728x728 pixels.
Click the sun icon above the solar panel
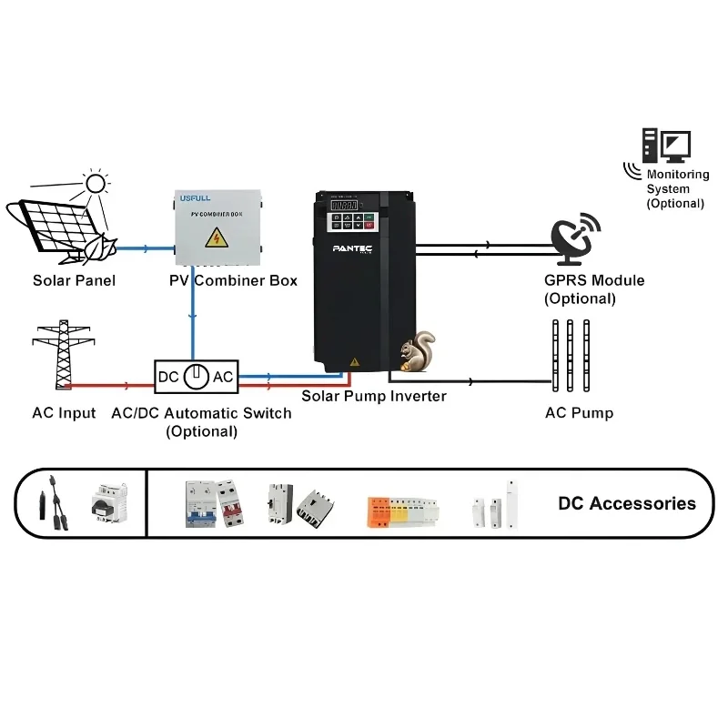(95, 184)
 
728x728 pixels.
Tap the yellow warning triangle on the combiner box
(217, 238)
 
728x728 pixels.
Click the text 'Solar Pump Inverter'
(374, 396)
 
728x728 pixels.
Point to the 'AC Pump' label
(579, 413)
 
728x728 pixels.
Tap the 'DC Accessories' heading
(626, 503)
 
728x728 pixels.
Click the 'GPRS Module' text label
(593, 280)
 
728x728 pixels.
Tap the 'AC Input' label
(64, 413)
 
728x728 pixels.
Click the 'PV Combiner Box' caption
(233, 280)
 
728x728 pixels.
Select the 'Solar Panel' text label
(74, 280)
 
